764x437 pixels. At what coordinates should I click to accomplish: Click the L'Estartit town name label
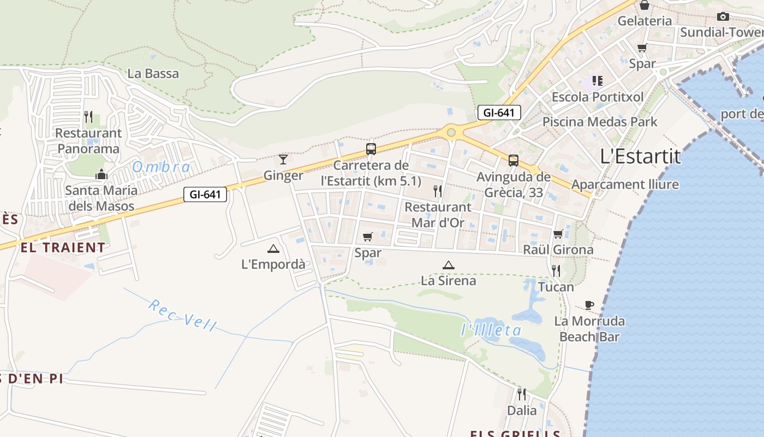pos(640,157)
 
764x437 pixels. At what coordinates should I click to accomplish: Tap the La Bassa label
pos(153,74)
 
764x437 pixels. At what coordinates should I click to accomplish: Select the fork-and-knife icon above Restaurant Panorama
pos(88,116)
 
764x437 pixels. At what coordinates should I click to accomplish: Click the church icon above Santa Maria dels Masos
pos(101,175)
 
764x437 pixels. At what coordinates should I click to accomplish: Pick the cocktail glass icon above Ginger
pos(283,160)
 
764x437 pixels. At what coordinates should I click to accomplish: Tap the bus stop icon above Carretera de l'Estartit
pos(371,149)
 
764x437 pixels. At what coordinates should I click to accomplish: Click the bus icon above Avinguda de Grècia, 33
pos(513,161)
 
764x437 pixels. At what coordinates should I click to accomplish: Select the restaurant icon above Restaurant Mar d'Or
pos(437,191)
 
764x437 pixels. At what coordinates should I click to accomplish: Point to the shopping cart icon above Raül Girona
pos(558,234)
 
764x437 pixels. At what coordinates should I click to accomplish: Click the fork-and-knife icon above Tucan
pos(556,270)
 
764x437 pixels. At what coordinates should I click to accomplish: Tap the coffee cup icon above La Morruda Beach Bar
pos(589,305)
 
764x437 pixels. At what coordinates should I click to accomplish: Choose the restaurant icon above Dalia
pos(522,394)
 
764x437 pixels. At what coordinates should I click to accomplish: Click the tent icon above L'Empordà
pos(273,249)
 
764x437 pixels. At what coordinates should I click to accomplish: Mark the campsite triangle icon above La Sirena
pos(448,265)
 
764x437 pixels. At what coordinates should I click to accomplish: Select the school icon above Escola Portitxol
pos(597,81)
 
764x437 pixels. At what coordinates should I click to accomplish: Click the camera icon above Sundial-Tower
pos(723,16)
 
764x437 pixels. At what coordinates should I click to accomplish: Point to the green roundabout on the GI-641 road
pos(451,132)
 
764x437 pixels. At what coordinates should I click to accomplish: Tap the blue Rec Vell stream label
pos(182,315)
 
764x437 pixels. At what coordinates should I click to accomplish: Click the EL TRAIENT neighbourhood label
pos(63,247)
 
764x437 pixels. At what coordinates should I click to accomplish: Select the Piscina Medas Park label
pos(600,121)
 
